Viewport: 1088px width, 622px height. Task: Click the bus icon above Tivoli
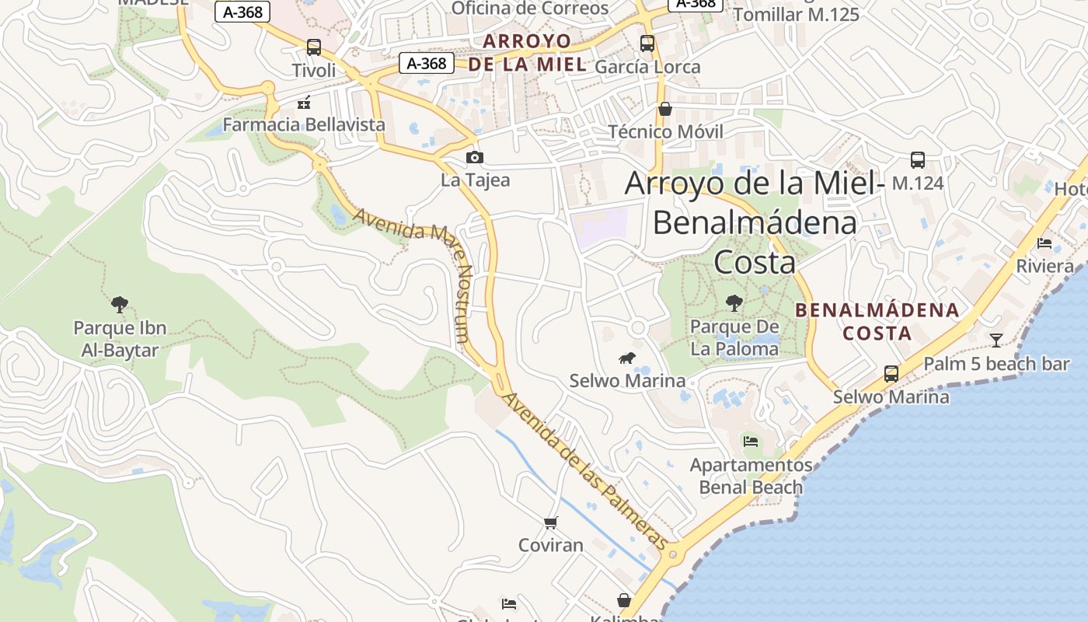(x=314, y=47)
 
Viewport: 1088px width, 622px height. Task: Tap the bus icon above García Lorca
(x=647, y=44)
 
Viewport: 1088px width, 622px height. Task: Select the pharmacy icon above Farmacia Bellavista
(x=304, y=102)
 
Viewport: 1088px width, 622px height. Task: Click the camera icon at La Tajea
(x=475, y=158)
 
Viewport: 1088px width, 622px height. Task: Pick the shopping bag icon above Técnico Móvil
(x=665, y=109)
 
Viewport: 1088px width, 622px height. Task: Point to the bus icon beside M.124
(x=918, y=160)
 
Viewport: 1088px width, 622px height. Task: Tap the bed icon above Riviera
(x=1044, y=243)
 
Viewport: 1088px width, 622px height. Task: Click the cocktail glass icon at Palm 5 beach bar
(x=996, y=340)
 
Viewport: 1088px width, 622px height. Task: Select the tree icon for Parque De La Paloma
(x=734, y=303)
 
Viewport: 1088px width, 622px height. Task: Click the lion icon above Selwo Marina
(x=627, y=358)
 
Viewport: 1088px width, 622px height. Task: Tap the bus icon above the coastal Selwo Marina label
(x=891, y=373)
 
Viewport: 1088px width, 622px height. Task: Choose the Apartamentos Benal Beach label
(x=751, y=476)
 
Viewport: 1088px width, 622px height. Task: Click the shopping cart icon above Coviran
(x=551, y=522)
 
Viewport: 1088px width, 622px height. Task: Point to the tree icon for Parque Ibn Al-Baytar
(x=120, y=304)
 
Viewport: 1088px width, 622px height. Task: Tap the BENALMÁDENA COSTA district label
(x=877, y=321)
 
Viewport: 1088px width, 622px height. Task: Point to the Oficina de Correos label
(x=530, y=9)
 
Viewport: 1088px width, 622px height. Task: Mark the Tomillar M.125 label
(x=796, y=14)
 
